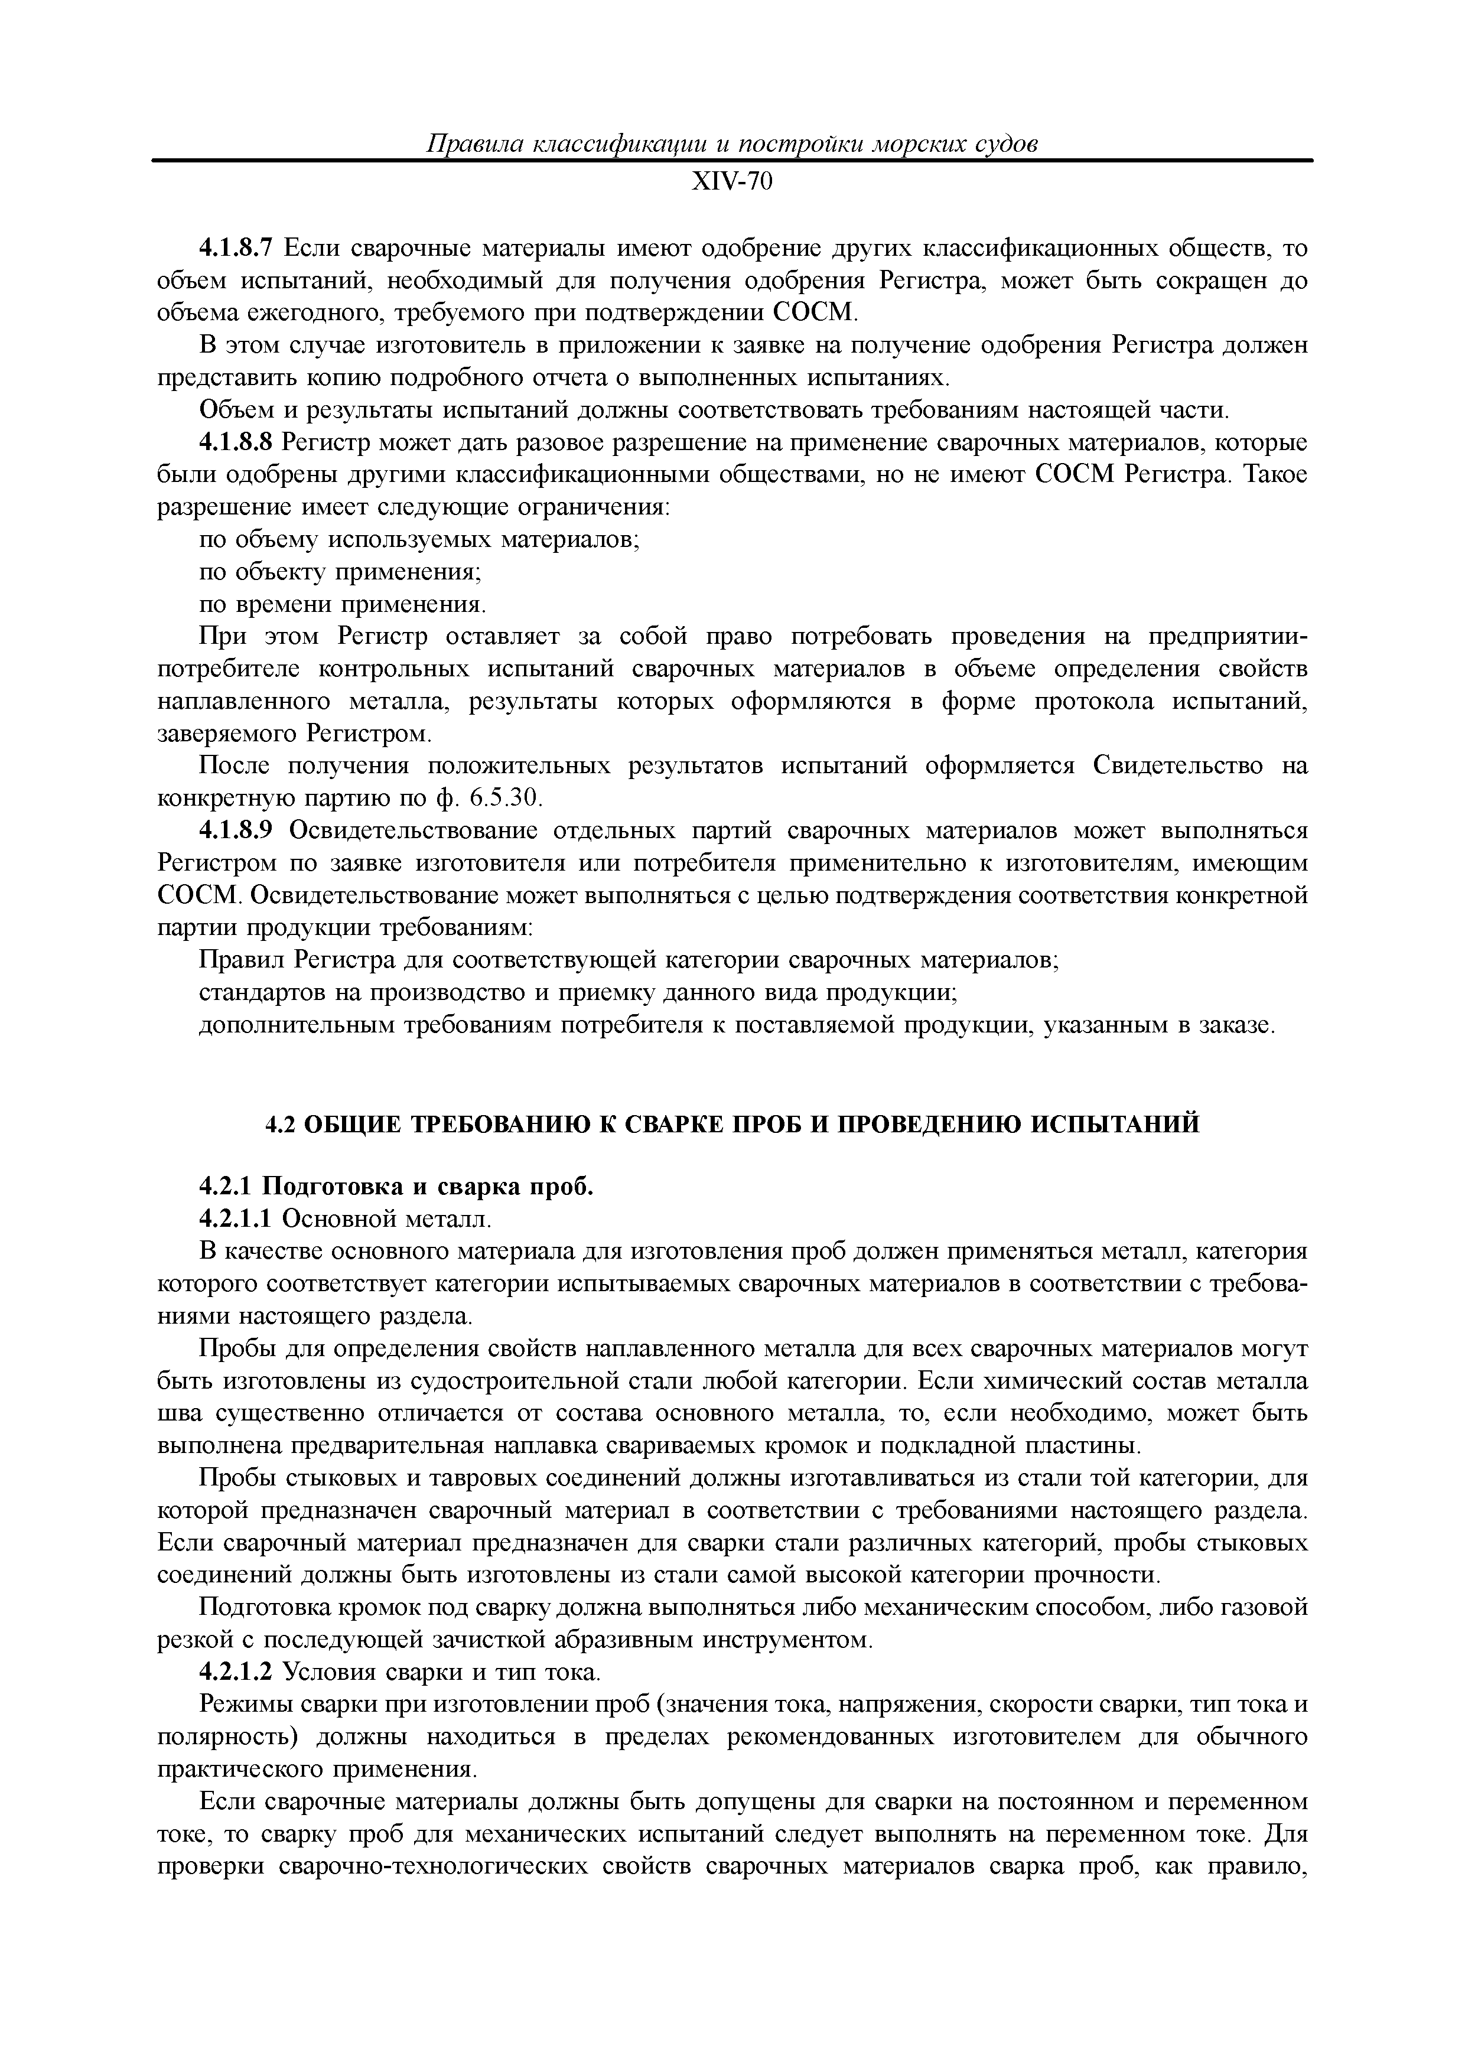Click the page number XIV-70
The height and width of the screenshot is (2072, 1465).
[732, 183]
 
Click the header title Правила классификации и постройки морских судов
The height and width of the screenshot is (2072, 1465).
[732, 144]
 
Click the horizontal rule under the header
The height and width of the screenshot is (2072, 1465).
[732, 161]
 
